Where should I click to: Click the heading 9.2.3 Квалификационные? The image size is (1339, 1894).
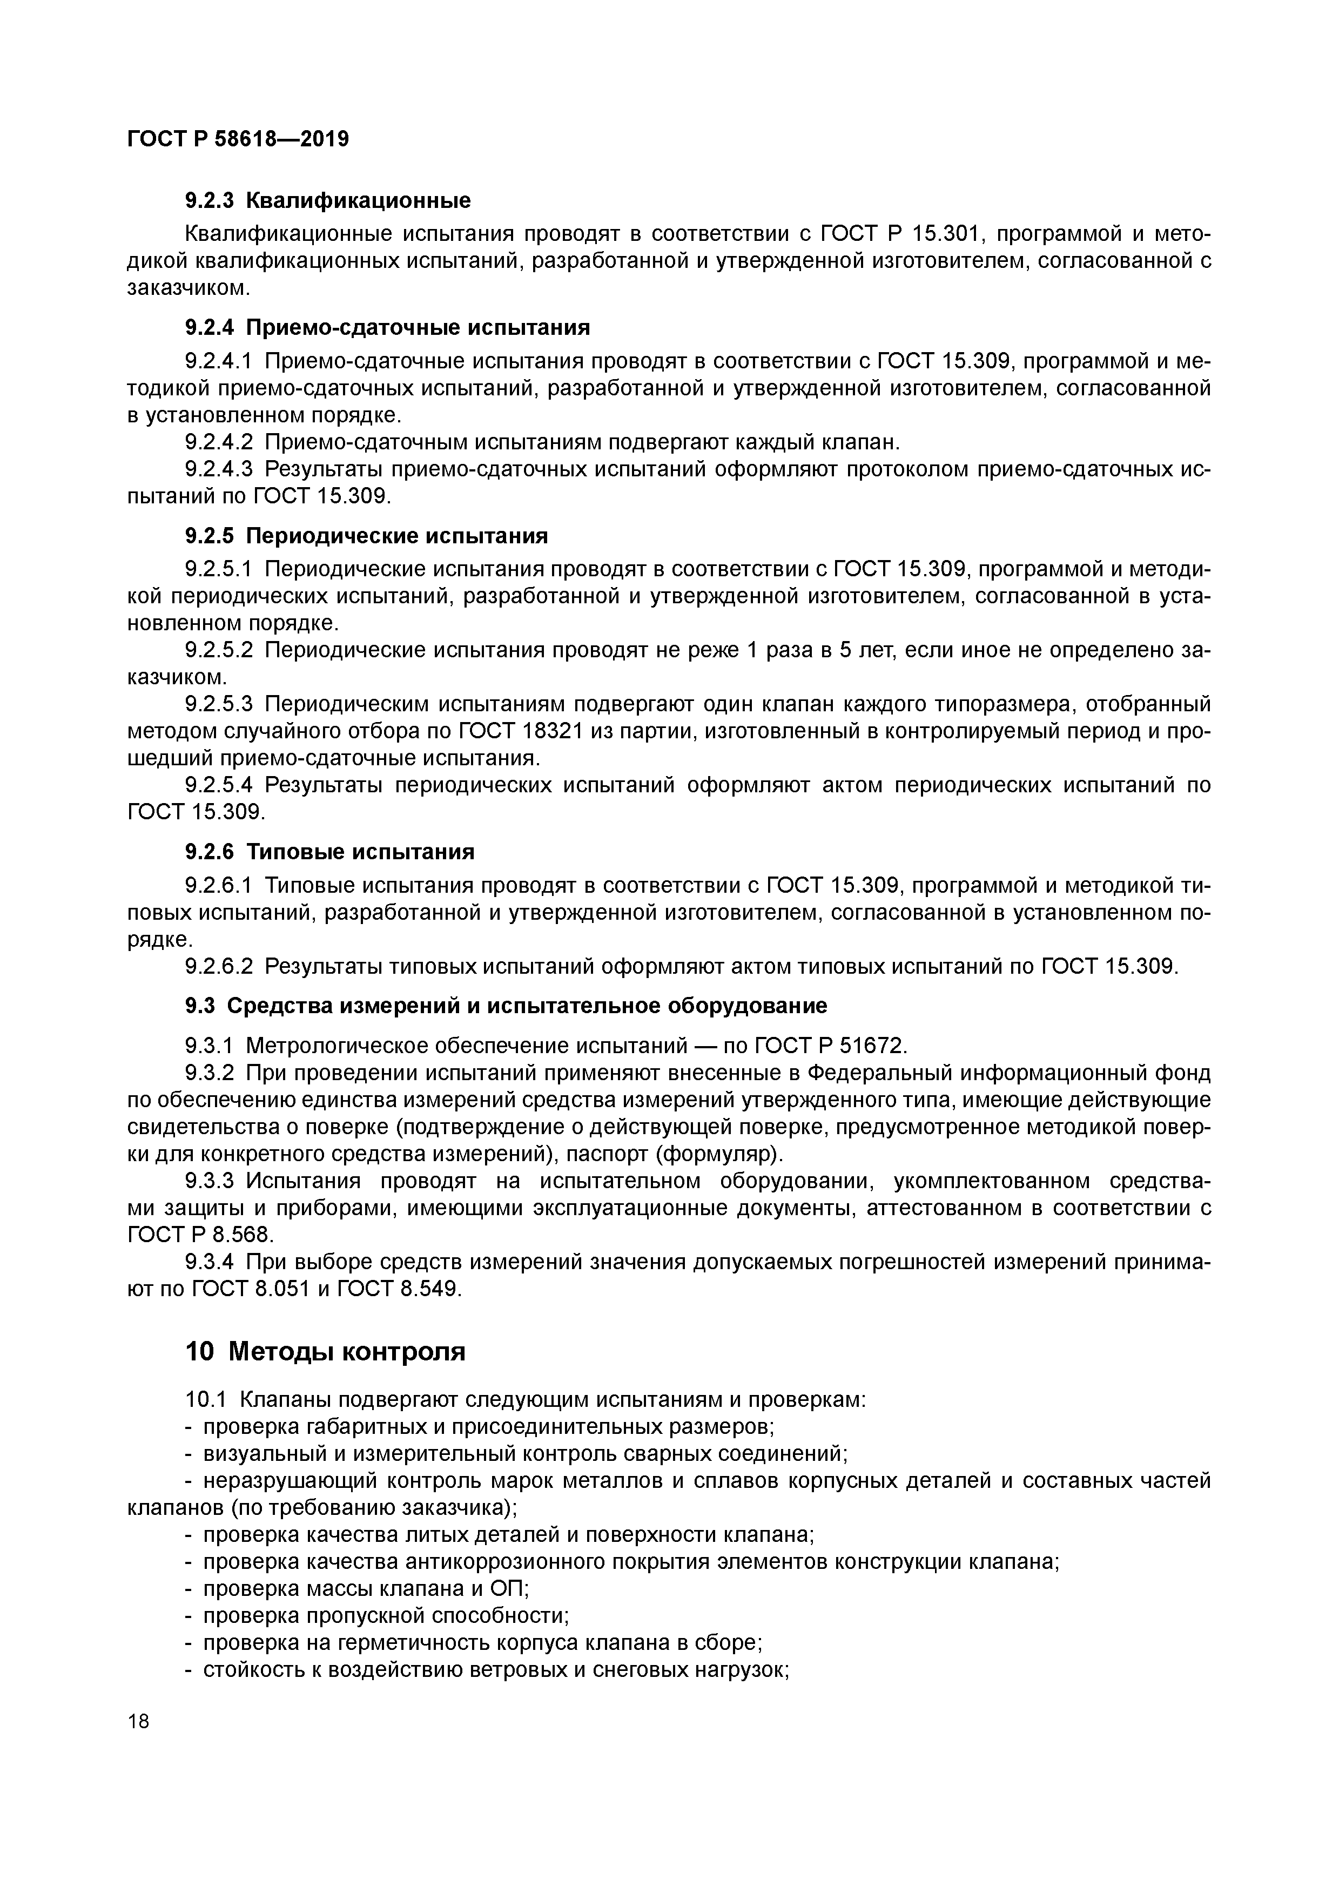[x=327, y=200]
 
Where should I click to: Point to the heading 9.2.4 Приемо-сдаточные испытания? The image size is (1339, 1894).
[x=387, y=327]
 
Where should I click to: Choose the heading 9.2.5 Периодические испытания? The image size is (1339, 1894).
[x=366, y=536]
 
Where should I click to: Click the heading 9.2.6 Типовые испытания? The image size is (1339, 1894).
[x=329, y=851]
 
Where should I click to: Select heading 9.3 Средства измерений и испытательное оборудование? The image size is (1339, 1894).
[x=505, y=1006]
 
